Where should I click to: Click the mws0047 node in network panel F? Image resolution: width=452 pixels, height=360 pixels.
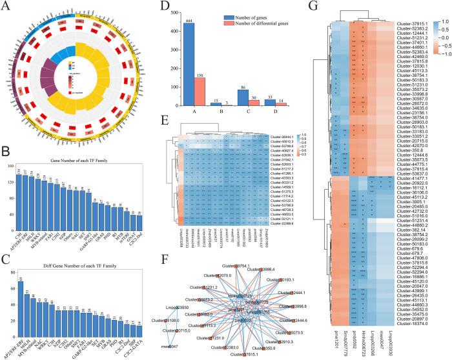point(167,345)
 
